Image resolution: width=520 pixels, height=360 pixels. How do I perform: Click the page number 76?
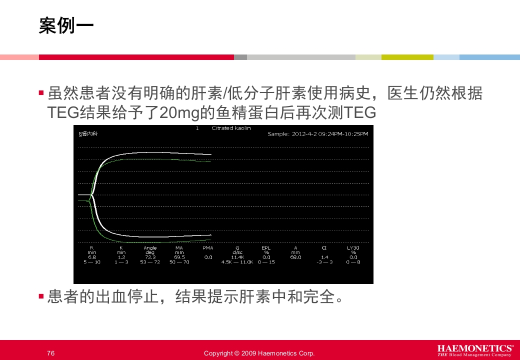(50, 353)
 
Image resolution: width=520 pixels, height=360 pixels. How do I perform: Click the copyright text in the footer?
(259, 353)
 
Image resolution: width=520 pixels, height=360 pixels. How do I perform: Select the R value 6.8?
(92, 257)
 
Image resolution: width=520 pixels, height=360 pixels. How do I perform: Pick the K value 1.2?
(121, 257)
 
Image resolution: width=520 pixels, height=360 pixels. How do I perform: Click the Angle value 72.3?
(150, 257)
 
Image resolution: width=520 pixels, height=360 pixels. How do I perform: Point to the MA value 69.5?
(179, 257)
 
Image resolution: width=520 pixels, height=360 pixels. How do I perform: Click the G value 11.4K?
(237, 257)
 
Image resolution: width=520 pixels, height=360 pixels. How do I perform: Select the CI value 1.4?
(324, 257)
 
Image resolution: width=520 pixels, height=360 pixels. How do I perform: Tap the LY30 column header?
(353, 248)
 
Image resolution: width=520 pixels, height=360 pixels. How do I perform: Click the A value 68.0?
(295, 257)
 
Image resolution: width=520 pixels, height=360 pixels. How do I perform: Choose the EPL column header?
(266, 248)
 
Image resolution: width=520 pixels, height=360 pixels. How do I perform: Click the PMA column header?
(208, 248)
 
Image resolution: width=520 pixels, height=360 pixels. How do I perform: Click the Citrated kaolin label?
(231, 128)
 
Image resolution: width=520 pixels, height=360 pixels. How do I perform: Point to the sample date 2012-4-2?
(305, 134)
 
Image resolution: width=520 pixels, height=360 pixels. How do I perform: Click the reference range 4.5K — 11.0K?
(237, 262)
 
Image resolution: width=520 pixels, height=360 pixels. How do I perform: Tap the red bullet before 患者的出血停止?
(41, 296)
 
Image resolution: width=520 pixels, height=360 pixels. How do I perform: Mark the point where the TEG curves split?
(90, 197)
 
